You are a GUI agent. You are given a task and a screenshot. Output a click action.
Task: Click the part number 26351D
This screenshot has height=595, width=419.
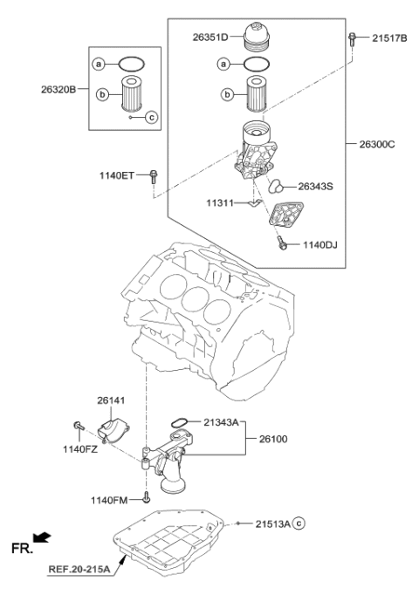coord(209,38)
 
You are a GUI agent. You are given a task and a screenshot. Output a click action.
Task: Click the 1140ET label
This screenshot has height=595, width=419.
coord(116,176)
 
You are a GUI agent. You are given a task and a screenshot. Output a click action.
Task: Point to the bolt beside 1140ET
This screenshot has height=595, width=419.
coord(154,176)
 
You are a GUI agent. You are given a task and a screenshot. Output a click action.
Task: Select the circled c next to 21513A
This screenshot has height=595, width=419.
coord(299,523)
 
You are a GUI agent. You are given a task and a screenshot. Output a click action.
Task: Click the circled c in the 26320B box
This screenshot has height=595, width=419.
coord(150,117)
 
